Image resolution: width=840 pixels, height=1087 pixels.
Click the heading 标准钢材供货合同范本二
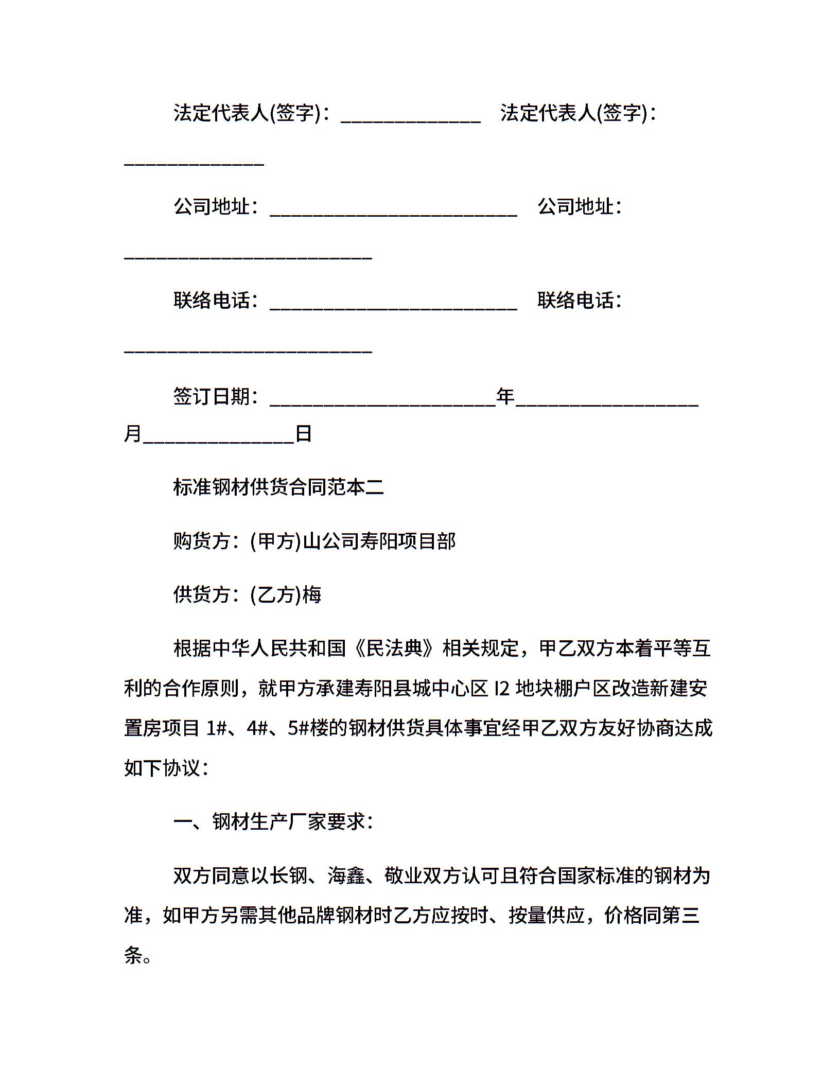(278, 487)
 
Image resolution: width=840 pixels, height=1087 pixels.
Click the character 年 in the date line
(505, 396)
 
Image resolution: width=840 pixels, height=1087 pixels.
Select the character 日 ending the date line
(304, 434)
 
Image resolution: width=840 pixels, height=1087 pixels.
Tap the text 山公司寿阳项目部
(379, 541)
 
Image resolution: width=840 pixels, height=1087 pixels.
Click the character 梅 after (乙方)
(312, 594)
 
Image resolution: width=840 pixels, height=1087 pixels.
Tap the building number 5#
(298, 728)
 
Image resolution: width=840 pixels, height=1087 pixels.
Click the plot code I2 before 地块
(502, 689)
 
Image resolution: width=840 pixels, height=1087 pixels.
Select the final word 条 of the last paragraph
(133, 955)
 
